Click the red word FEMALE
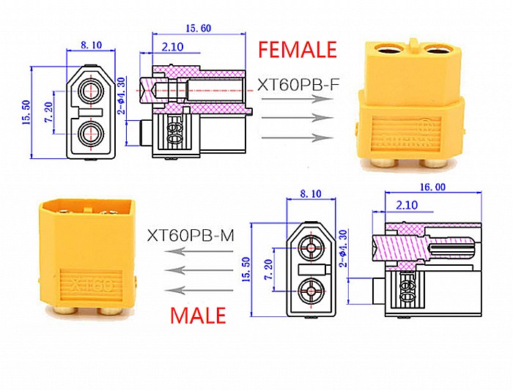pos(297,49)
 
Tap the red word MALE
pos(198,316)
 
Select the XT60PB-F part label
pos(298,85)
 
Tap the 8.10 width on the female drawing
pos(92,45)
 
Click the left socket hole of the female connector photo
pos(386,51)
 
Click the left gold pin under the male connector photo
pos(67,311)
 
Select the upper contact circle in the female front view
pos(92,91)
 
